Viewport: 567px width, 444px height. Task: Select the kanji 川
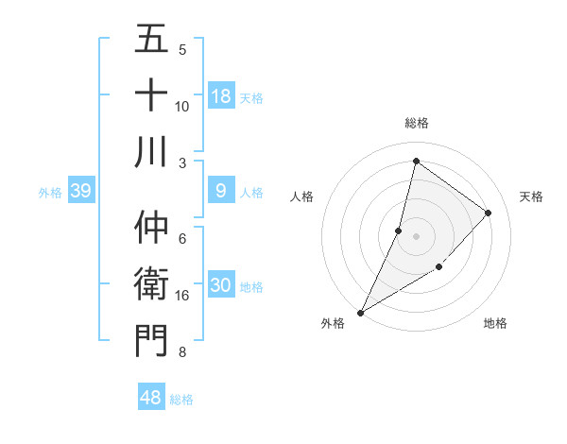pyautogui.click(x=151, y=150)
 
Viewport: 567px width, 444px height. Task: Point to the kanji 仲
pyautogui.click(x=151, y=228)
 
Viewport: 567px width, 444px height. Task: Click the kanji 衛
pyautogui.click(x=151, y=283)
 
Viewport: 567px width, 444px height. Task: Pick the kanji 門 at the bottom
pyautogui.click(x=151, y=339)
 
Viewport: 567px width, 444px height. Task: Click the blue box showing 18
pyautogui.click(x=220, y=95)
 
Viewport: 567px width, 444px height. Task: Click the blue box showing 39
pyautogui.click(x=80, y=192)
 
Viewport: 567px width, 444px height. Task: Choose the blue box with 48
pyautogui.click(x=151, y=398)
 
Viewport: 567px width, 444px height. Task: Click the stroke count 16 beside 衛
pyautogui.click(x=182, y=296)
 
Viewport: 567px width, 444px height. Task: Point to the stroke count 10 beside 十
pyautogui.click(x=182, y=106)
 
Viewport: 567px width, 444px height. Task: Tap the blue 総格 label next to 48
pyautogui.click(x=181, y=400)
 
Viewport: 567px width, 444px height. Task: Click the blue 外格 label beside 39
pyautogui.click(x=50, y=193)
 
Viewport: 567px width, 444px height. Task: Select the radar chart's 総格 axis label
pyautogui.click(x=416, y=123)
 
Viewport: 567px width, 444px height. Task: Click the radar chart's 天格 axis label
pyautogui.click(x=532, y=196)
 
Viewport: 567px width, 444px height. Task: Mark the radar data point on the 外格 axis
pyautogui.click(x=360, y=312)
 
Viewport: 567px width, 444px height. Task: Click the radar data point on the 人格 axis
pyautogui.click(x=399, y=231)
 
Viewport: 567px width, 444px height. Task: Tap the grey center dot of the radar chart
pyautogui.click(x=416, y=236)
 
